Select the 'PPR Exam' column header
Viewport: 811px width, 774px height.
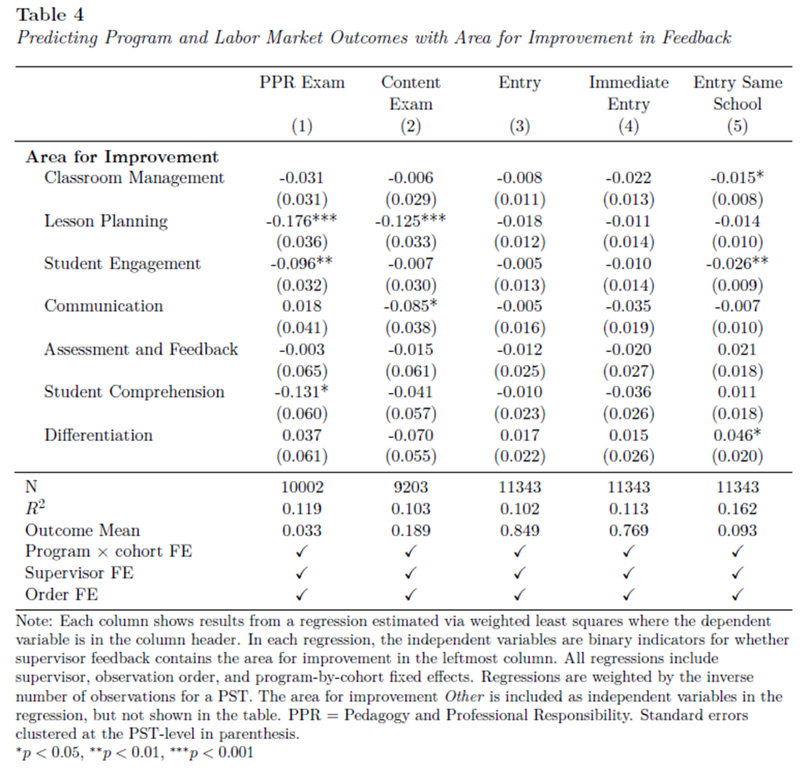(x=301, y=82)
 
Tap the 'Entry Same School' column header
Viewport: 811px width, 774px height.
(x=737, y=93)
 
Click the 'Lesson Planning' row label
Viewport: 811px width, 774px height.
(x=106, y=221)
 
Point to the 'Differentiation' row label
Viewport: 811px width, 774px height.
(x=98, y=434)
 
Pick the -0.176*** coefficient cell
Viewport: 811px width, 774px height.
(x=301, y=221)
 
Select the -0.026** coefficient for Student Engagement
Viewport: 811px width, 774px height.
(x=737, y=263)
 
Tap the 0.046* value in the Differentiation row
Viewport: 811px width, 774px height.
(x=737, y=434)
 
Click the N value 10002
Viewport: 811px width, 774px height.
(x=301, y=487)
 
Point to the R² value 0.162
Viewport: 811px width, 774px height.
(x=737, y=509)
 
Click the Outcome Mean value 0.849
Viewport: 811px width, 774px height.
(x=520, y=530)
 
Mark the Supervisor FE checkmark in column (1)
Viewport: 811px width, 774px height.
(x=301, y=573)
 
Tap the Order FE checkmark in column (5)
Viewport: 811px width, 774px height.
(x=737, y=595)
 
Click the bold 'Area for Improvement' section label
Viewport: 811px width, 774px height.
(x=122, y=156)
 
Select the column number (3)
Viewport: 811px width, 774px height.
(x=520, y=127)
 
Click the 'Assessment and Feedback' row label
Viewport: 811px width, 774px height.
(x=141, y=349)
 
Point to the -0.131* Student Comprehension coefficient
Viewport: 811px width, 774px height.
(x=301, y=392)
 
